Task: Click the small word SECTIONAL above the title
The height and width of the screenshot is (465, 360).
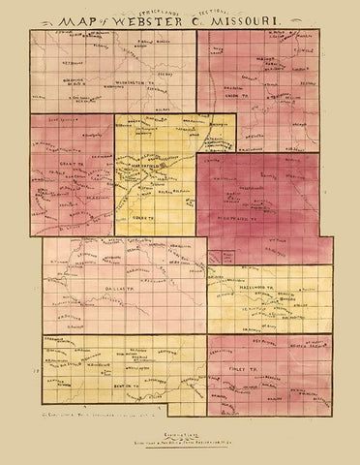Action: (x=212, y=9)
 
